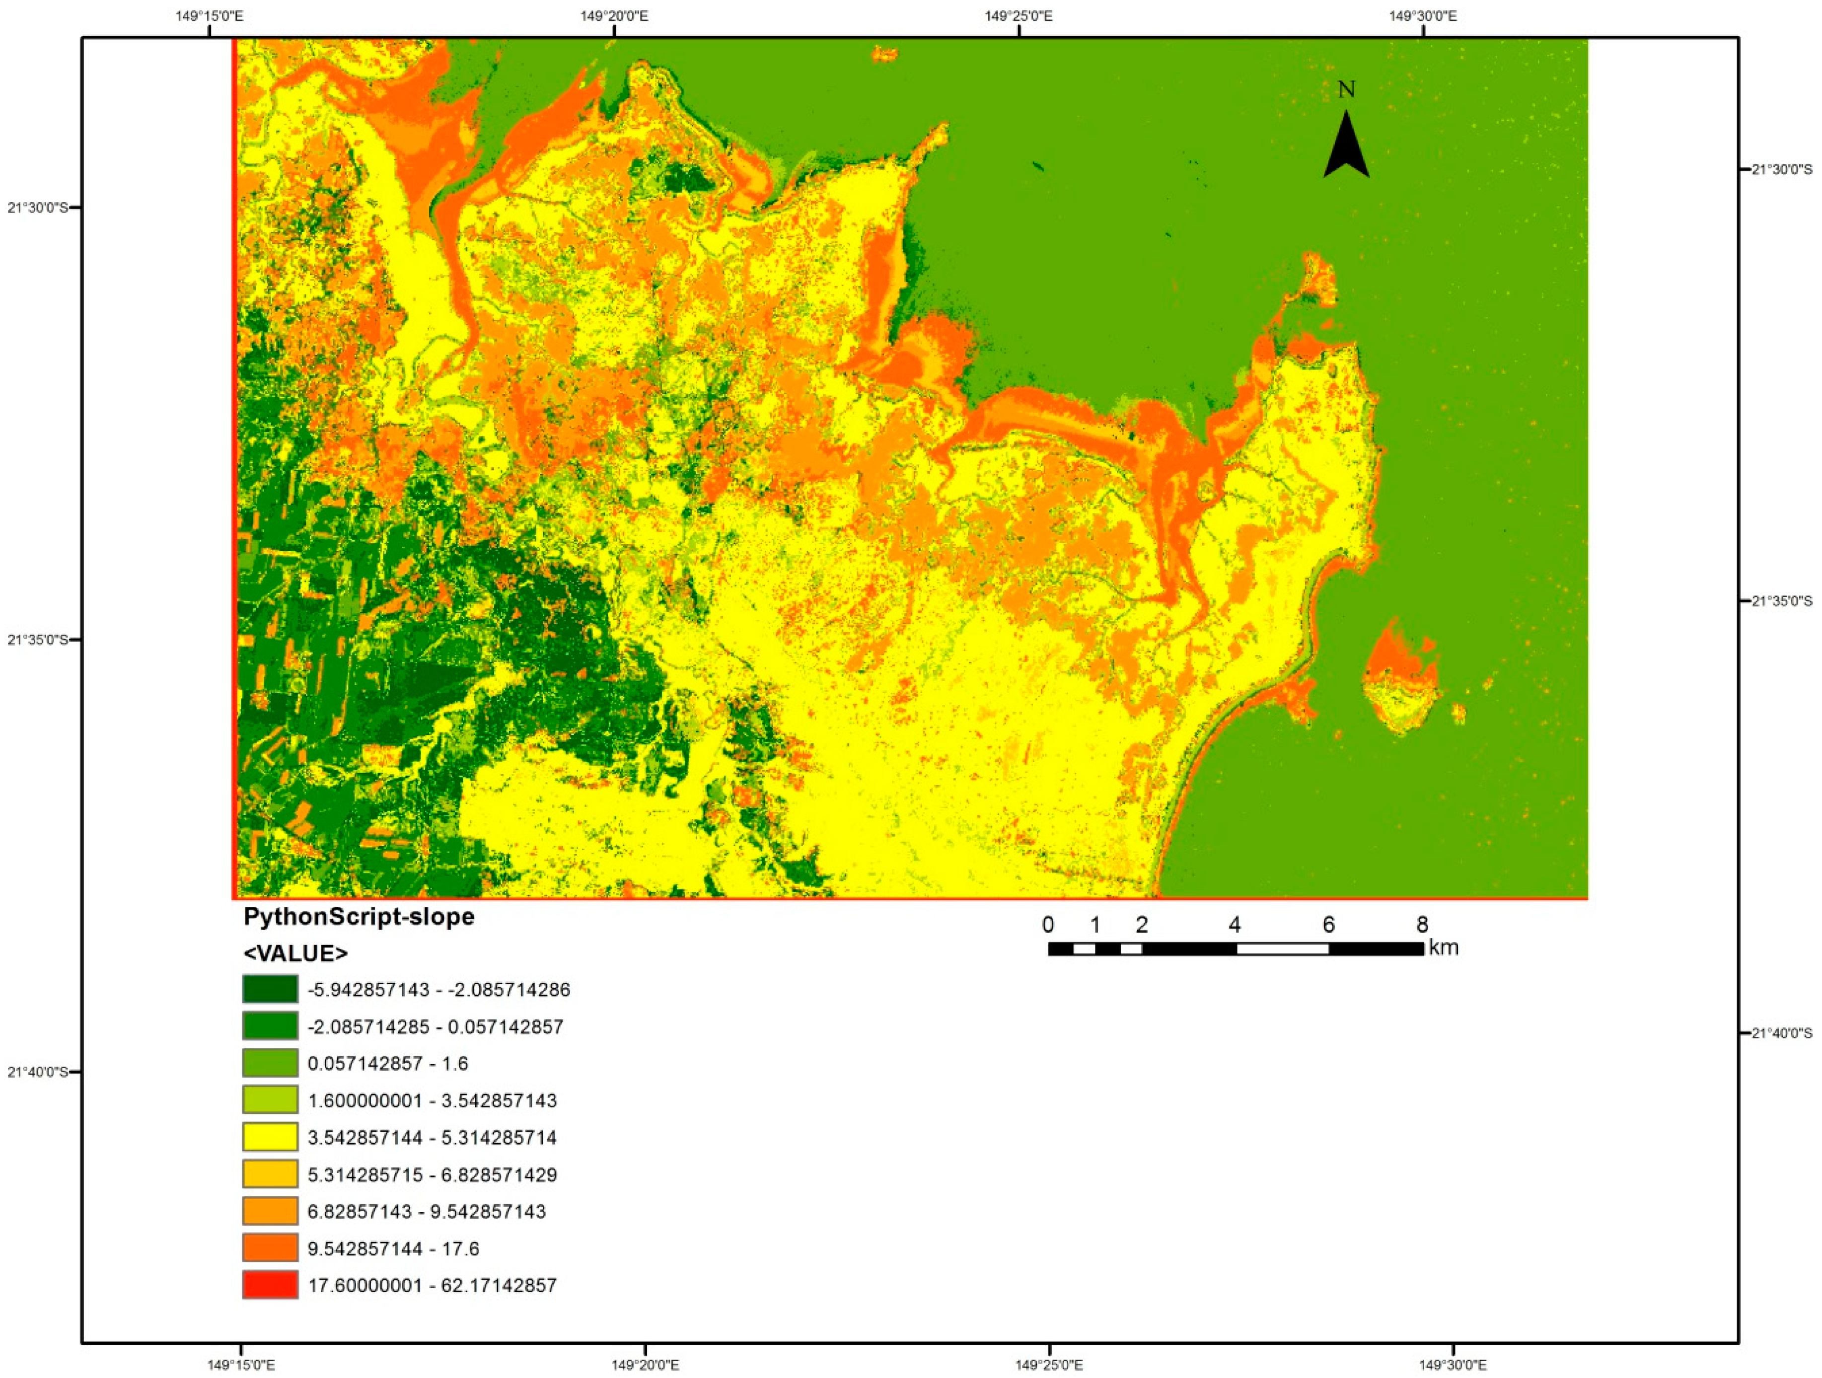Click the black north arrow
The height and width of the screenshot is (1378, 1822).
(x=1346, y=148)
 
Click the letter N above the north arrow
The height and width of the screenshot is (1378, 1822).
(x=1346, y=90)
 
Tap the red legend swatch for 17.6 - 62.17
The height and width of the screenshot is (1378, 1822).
(x=270, y=1285)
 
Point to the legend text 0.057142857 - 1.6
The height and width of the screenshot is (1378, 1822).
(x=387, y=1063)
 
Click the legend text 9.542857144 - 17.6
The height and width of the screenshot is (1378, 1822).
(x=393, y=1249)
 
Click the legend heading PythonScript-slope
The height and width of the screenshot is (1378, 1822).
(x=359, y=917)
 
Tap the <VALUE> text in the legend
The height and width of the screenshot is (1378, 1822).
(x=295, y=953)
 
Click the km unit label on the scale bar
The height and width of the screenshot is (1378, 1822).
(x=1443, y=947)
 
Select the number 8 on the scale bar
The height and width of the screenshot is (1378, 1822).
(x=1422, y=924)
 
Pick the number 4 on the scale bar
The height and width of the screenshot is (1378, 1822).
(x=1234, y=924)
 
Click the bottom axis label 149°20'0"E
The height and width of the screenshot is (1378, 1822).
(x=645, y=1365)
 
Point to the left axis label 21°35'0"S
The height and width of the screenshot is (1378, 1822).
(x=38, y=639)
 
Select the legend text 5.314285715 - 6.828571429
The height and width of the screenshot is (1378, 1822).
(x=432, y=1174)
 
